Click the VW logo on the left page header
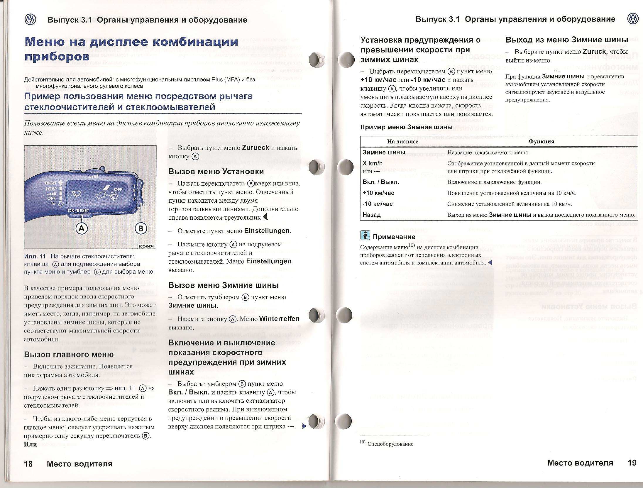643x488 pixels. (31, 20)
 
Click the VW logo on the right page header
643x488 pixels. (633, 19)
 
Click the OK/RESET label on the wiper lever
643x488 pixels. (78, 210)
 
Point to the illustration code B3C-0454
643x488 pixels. (146, 246)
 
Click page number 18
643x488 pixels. (28, 464)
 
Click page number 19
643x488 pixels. (632, 463)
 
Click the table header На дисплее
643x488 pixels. (402, 142)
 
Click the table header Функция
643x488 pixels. (541, 141)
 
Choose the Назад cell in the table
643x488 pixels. (372, 215)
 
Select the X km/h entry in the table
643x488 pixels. (373, 163)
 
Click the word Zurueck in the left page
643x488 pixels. (255, 148)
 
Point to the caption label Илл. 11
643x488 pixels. (35, 256)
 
